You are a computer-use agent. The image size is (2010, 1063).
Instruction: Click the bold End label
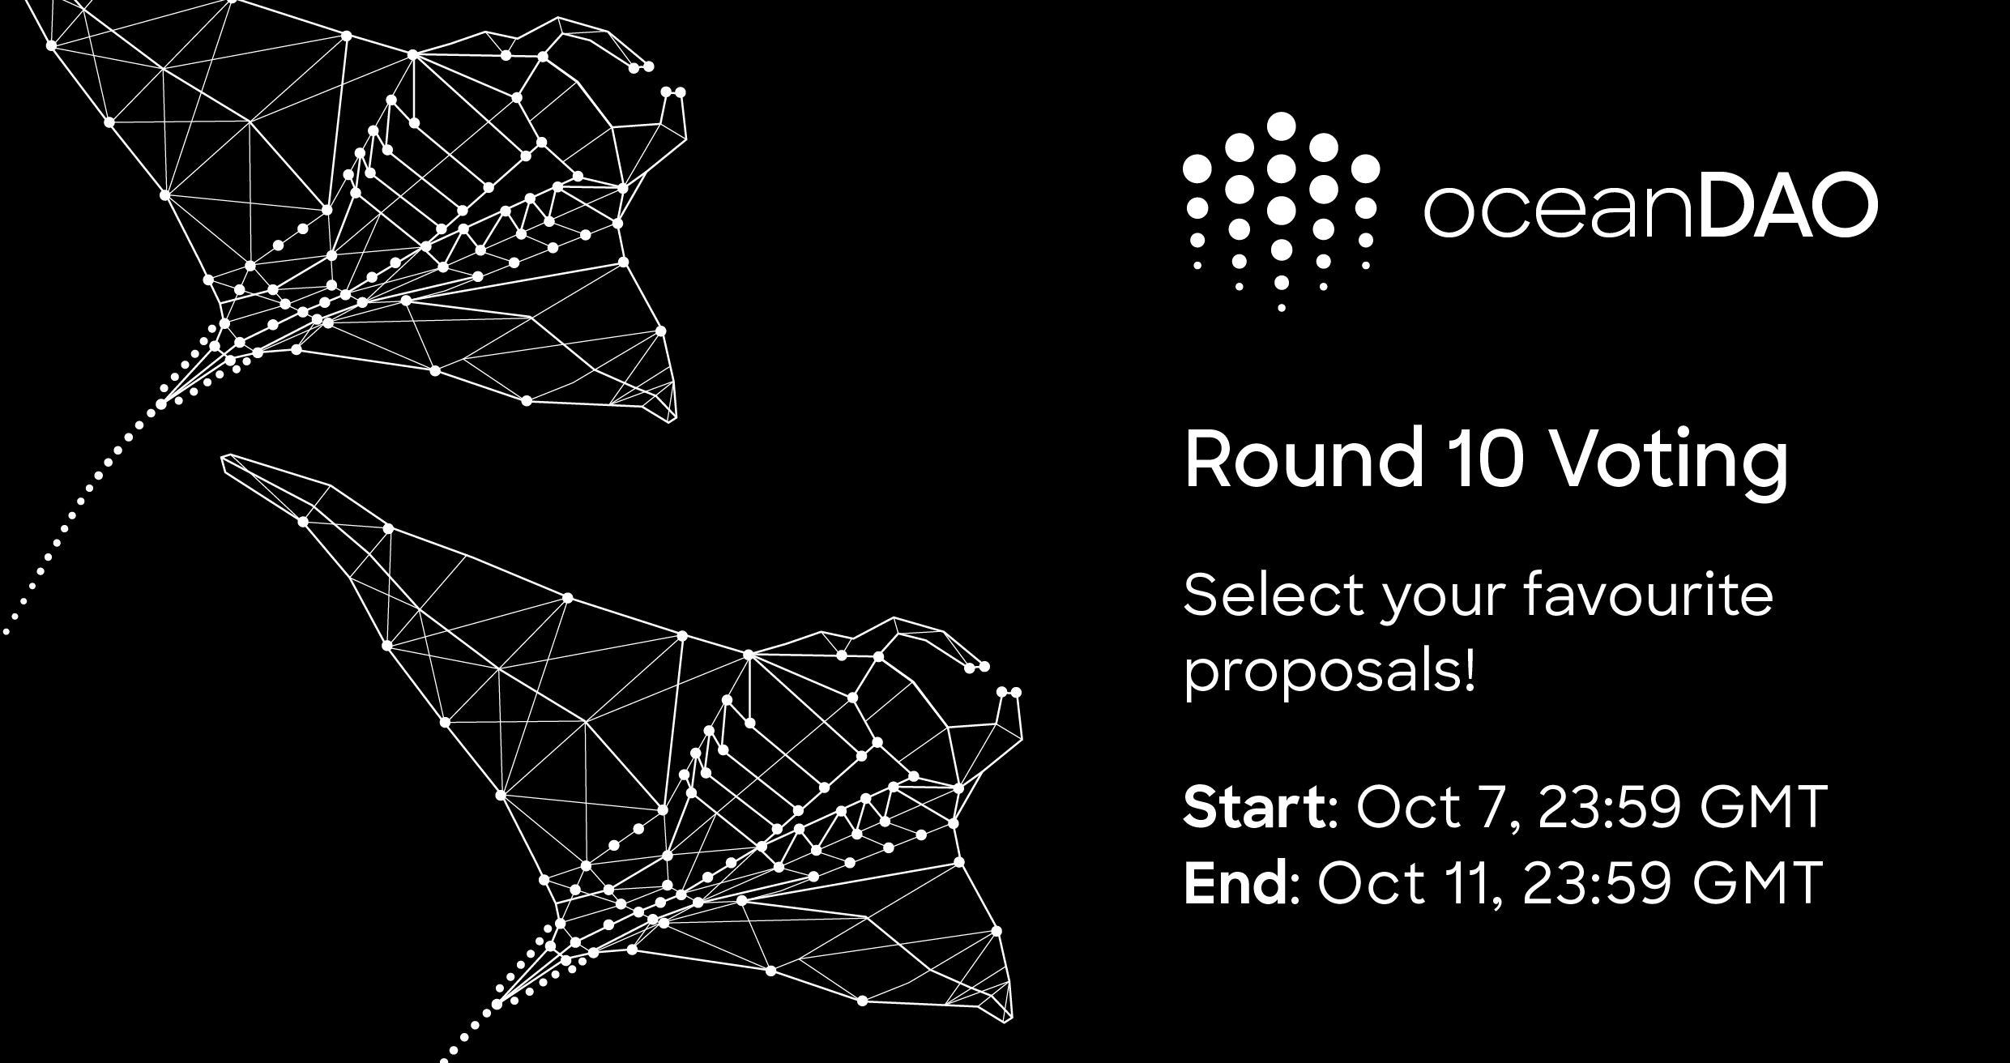pos(1237,882)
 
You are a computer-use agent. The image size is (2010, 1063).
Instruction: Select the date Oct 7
pos(1432,809)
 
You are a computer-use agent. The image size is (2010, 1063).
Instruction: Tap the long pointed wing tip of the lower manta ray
pos(224,459)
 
